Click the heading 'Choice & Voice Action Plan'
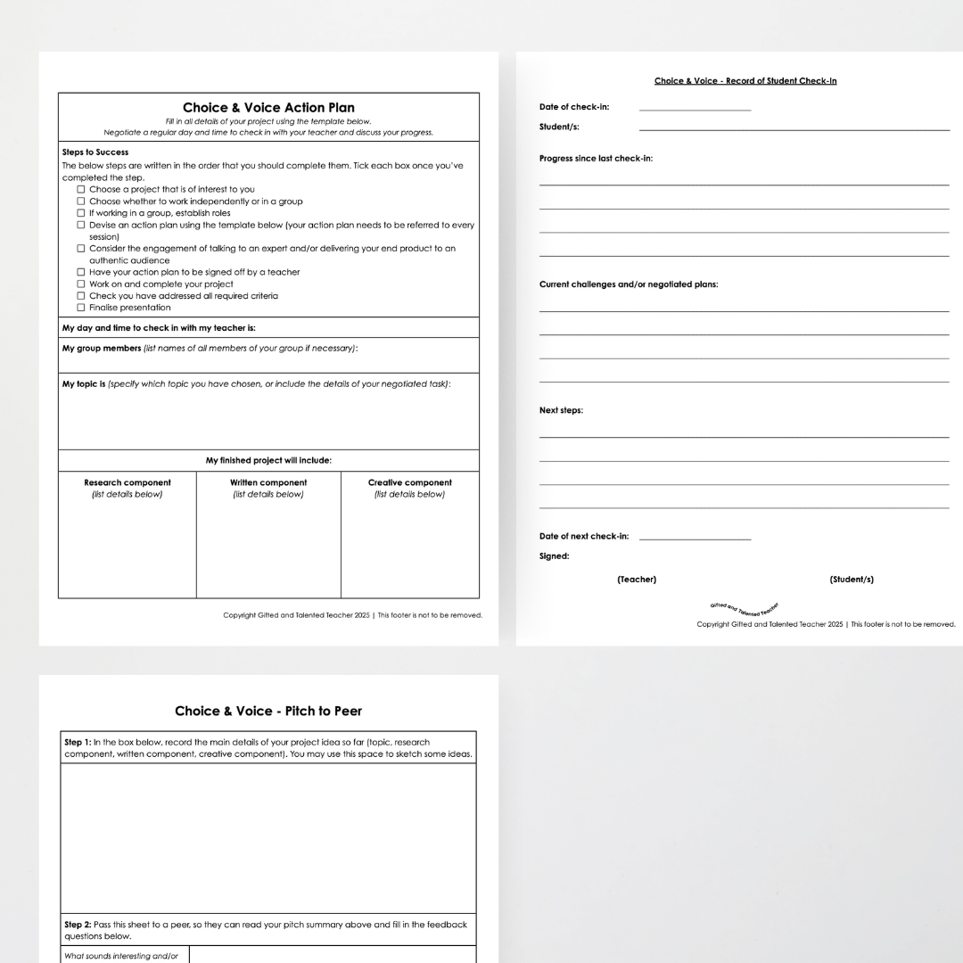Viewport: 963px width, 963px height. tap(268, 108)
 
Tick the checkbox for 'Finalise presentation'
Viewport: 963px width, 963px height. tap(81, 308)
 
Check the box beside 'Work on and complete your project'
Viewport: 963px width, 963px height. tap(81, 284)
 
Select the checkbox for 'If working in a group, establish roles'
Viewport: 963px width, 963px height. tap(81, 213)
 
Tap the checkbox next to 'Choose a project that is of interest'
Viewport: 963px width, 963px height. tap(81, 190)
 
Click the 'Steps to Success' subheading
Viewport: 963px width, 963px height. tap(95, 152)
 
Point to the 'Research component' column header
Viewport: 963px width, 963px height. tap(128, 482)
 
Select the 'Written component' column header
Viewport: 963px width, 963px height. tap(268, 482)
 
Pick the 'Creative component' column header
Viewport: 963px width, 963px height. tap(410, 482)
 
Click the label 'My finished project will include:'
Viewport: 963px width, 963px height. tap(268, 460)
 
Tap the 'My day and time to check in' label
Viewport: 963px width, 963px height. tap(159, 327)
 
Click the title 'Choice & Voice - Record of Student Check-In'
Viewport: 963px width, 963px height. tap(745, 81)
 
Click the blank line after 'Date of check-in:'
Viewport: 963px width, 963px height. tap(695, 109)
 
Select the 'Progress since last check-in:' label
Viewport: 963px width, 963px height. tap(596, 159)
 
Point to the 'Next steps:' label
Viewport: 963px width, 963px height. tap(561, 410)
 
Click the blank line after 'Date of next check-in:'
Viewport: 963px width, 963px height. tap(695, 538)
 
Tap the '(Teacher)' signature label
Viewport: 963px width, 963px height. tap(637, 580)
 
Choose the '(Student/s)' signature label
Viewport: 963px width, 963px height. tap(852, 580)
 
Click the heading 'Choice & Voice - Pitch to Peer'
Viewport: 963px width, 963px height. tap(268, 711)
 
